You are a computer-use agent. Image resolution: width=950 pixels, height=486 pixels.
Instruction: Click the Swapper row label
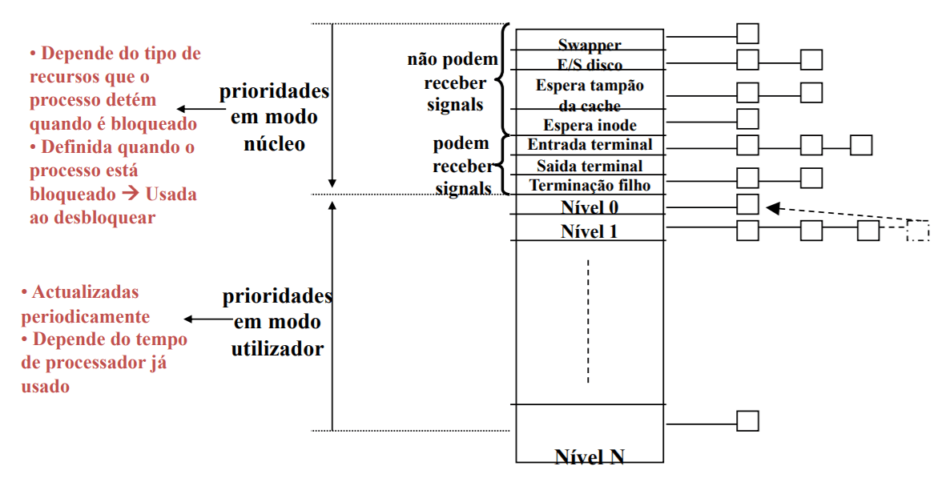[x=590, y=45]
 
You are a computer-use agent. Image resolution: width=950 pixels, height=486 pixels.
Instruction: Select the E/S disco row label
[x=590, y=65]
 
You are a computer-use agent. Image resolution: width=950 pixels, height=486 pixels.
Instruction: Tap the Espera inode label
[x=590, y=125]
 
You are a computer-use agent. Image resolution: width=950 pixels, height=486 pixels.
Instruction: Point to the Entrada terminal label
[x=590, y=145]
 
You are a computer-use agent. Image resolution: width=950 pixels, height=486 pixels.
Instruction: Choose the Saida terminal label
[x=590, y=166]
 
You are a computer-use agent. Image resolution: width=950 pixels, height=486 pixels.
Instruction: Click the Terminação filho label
[x=590, y=185]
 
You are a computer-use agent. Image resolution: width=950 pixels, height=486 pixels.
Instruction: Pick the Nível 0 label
[x=590, y=207]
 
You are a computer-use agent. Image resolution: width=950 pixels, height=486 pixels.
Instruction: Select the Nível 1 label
[x=590, y=231]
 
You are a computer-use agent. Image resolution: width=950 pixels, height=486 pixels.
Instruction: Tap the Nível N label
[x=590, y=456]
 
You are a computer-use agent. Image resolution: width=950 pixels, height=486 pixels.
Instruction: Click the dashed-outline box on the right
[x=918, y=231]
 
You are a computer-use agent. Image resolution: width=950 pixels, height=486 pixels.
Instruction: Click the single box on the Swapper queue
[x=747, y=34]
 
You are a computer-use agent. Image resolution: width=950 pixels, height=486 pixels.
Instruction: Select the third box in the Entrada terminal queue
[x=861, y=145]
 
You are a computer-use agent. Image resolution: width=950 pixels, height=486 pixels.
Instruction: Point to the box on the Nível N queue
[x=747, y=420]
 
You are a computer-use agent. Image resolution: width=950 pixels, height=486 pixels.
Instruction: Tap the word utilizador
[x=277, y=348]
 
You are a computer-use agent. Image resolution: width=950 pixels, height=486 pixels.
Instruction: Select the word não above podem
[x=423, y=59]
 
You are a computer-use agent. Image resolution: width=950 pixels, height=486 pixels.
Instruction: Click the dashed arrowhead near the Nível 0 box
[x=772, y=208]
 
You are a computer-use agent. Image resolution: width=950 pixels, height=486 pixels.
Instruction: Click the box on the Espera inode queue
[x=747, y=118]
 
